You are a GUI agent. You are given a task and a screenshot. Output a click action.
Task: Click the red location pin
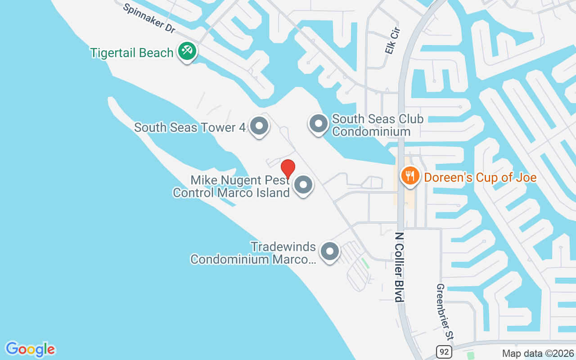pyautogui.click(x=288, y=169)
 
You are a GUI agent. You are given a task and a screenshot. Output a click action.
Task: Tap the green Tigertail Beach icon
pyautogui.click(x=186, y=50)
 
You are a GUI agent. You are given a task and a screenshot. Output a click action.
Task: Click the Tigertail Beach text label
pyautogui.click(x=132, y=53)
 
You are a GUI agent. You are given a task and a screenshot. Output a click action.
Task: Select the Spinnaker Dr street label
pyautogui.click(x=149, y=18)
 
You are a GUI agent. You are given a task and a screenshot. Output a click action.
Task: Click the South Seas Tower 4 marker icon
pyautogui.click(x=259, y=126)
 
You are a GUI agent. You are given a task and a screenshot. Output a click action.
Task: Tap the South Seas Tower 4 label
pyautogui.click(x=190, y=127)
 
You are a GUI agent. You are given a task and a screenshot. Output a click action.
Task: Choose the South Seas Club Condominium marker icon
pyautogui.click(x=319, y=123)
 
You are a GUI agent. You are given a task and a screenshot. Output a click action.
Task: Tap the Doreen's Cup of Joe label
pyautogui.click(x=480, y=177)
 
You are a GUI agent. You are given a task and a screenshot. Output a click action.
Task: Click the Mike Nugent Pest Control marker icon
pyautogui.click(x=303, y=185)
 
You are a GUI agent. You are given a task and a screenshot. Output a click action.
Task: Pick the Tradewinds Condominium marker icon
pyautogui.click(x=330, y=252)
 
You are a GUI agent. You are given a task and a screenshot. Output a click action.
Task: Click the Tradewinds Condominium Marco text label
pyautogui.click(x=253, y=253)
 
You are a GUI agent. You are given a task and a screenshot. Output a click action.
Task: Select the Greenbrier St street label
pyautogui.click(x=445, y=311)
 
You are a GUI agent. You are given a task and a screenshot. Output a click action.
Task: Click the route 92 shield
pyautogui.click(x=443, y=351)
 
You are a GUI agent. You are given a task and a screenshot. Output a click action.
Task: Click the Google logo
pyautogui.click(x=31, y=349)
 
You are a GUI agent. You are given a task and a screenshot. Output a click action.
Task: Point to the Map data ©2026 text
pyautogui.click(x=538, y=353)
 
